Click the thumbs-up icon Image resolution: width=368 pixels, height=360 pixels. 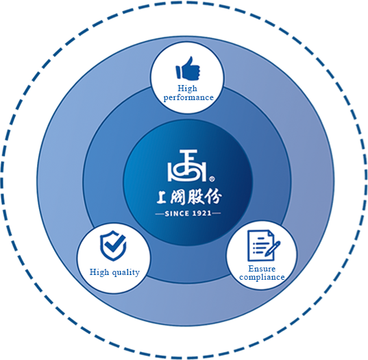[188, 68]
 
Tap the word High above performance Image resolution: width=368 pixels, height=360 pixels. [187, 88]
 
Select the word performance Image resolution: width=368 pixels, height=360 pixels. [188, 97]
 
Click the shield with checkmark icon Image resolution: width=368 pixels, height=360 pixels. [113, 245]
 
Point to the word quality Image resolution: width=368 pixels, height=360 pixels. [126, 273]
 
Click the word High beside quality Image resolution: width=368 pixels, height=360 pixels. [99, 272]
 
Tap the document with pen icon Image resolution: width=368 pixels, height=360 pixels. [264, 245]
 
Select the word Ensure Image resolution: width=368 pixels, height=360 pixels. [262, 268]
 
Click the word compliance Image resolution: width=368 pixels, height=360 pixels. [262, 277]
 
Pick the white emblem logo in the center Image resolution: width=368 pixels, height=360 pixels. [187, 165]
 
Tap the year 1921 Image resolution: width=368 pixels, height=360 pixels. [202, 213]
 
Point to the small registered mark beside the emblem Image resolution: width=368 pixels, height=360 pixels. [212, 179]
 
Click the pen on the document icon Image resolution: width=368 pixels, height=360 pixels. [273, 249]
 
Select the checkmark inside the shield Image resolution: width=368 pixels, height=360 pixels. [114, 243]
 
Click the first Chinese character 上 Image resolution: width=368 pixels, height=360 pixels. [162, 197]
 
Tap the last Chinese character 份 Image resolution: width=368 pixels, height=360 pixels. [213, 196]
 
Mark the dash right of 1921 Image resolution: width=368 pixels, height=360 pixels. [216, 213]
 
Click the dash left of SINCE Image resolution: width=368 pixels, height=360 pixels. [160, 214]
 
